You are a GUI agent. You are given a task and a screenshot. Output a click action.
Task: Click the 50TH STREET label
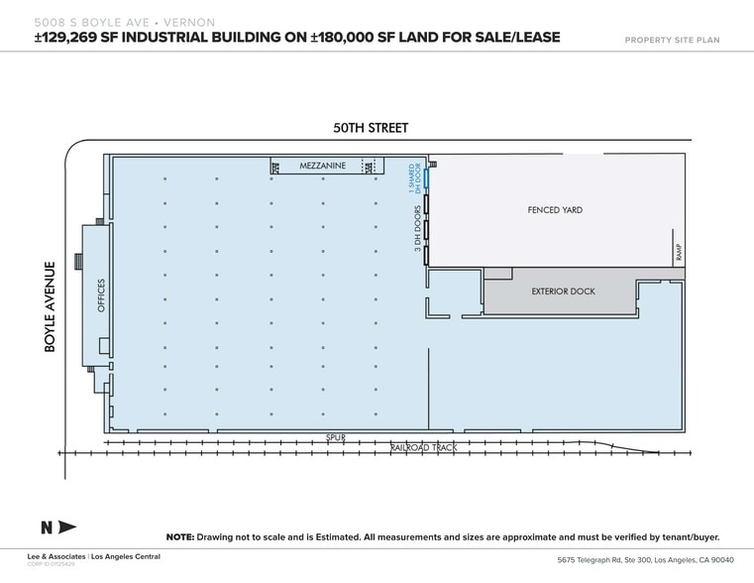coord(370,128)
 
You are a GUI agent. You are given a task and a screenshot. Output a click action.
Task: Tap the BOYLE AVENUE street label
coord(49,305)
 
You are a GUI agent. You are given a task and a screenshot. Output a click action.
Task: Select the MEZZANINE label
coord(322,167)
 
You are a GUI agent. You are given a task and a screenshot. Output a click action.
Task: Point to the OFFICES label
coord(100,295)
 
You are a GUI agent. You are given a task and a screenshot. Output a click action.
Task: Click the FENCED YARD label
coord(555,210)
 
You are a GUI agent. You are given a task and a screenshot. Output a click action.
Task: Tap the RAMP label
coord(680,254)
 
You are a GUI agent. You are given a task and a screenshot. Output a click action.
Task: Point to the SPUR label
coord(335,436)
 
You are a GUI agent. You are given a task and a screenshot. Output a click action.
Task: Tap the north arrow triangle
coord(66,526)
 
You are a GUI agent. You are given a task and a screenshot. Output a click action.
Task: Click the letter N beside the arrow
coord(46,526)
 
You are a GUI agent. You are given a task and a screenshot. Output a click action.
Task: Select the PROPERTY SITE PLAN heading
coord(672,40)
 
